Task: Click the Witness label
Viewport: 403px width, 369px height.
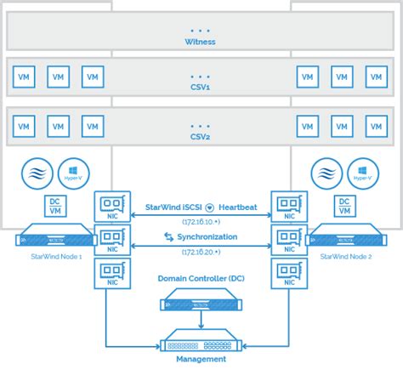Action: tap(201, 40)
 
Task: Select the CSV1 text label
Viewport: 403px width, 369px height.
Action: tap(201, 86)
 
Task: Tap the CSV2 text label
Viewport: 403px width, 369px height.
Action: tap(201, 136)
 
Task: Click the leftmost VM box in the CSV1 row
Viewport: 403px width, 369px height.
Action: tap(24, 77)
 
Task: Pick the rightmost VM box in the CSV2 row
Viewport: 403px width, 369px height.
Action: tap(377, 127)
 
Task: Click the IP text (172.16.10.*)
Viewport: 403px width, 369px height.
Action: tap(201, 220)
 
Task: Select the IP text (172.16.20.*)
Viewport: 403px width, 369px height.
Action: tap(201, 253)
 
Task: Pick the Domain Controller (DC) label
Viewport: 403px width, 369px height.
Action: tap(201, 278)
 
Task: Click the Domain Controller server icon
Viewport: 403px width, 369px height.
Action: tap(201, 301)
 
